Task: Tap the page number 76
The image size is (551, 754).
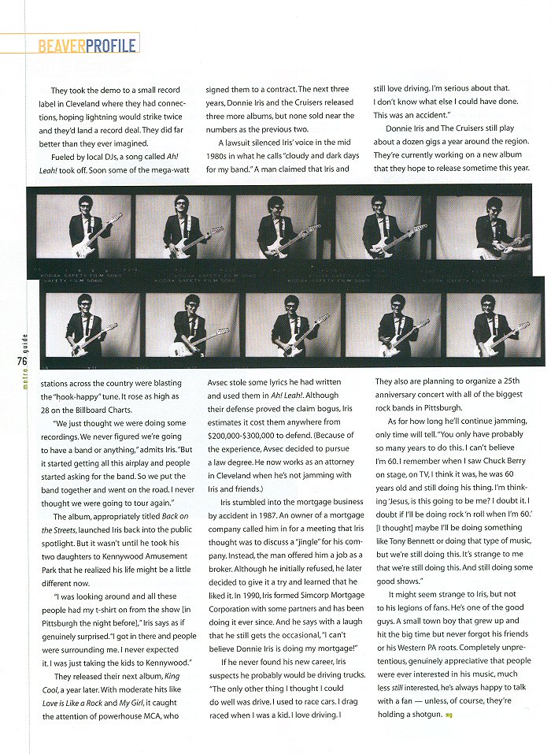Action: click(x=21, y=361)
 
